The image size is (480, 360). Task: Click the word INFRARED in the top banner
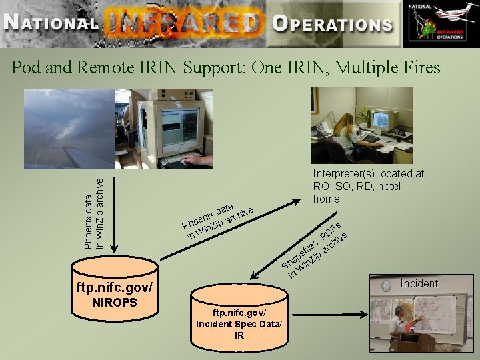point(181,24)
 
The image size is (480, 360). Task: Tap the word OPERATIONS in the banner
point(332,24)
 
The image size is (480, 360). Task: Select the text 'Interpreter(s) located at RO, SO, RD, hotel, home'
point(368,186)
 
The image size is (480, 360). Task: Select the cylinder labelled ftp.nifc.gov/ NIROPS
point(115,290)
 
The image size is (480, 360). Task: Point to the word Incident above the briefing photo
point(419,283)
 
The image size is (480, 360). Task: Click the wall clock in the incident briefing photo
point(386,286)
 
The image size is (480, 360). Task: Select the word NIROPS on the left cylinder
point(115,303)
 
